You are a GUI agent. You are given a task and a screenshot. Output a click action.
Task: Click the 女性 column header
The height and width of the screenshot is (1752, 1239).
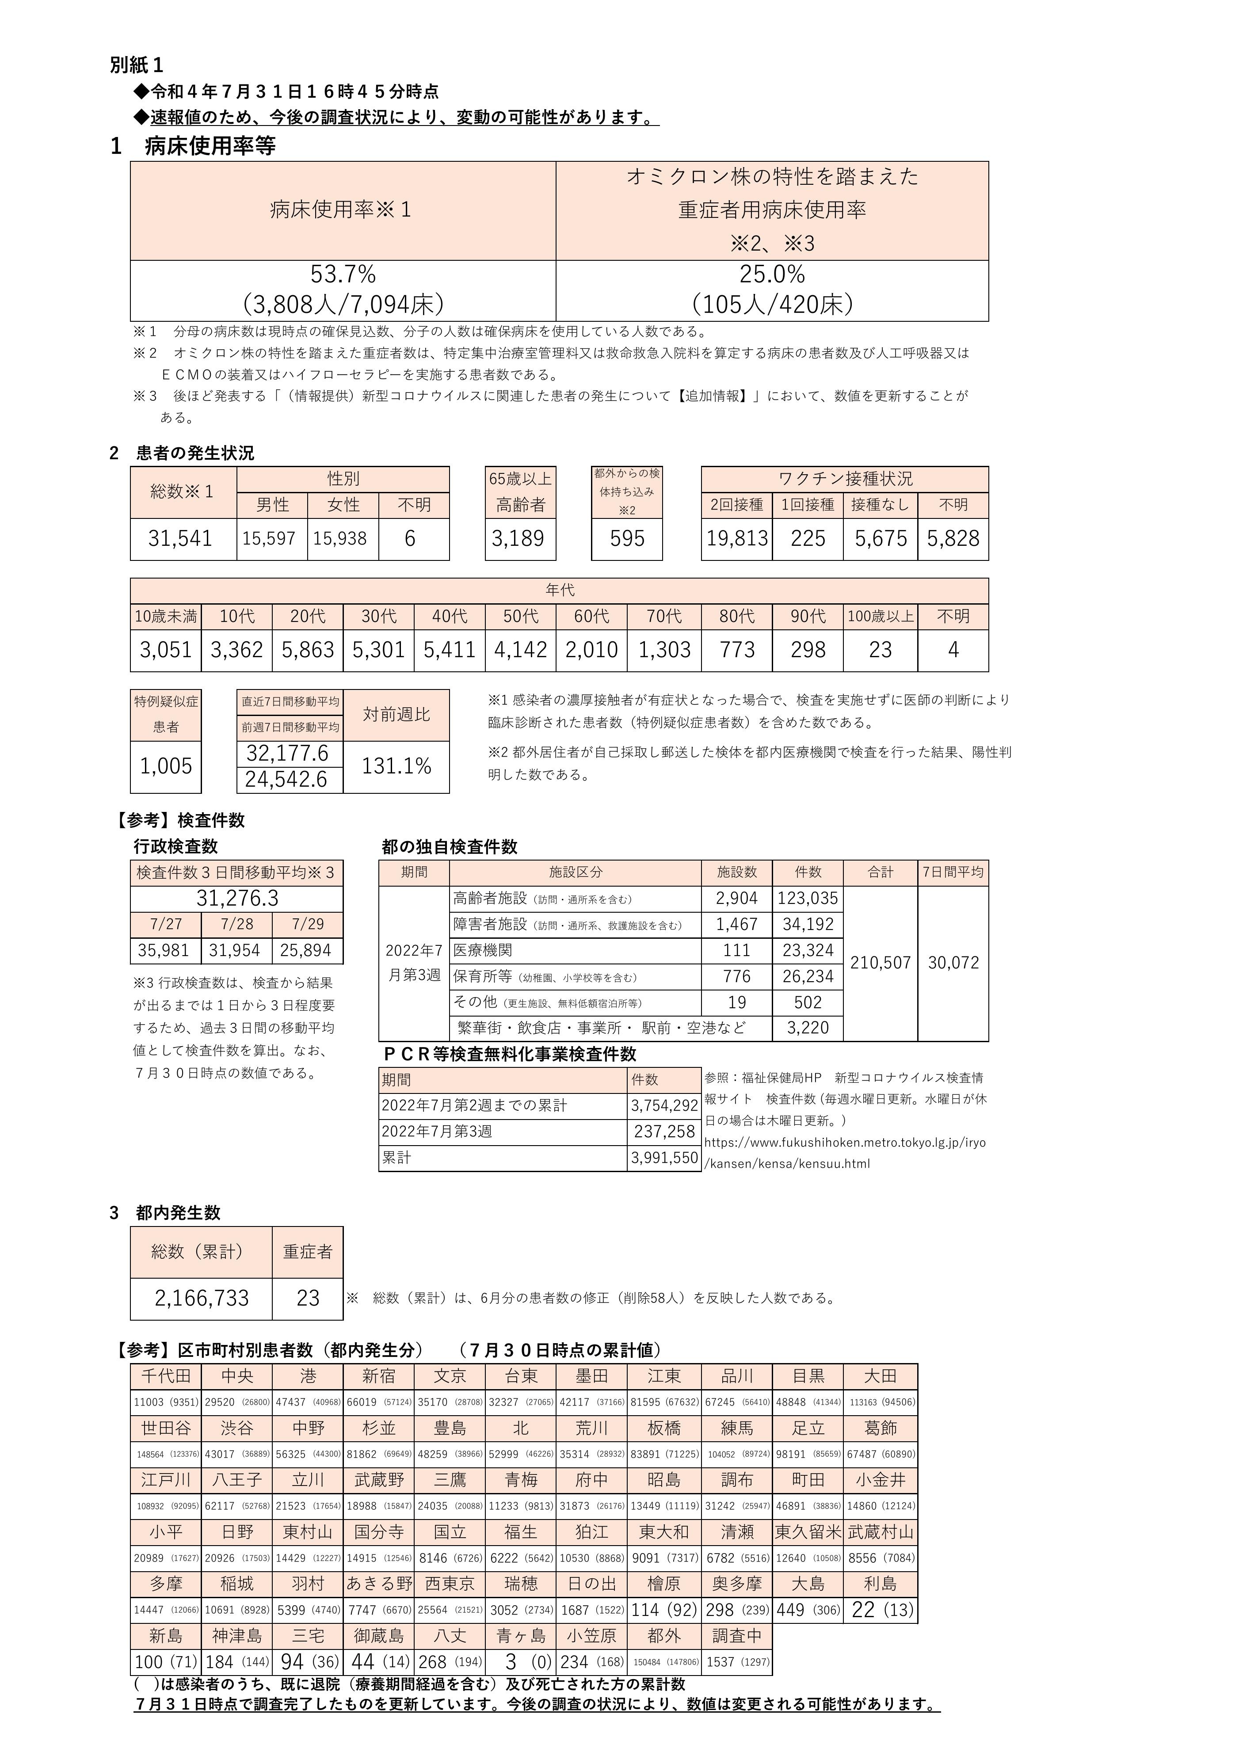tap(343, 505)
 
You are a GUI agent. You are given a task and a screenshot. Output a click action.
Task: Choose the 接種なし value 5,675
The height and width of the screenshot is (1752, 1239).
tap(881, 539)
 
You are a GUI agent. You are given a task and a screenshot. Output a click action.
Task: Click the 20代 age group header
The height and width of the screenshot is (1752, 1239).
tap(308, 617)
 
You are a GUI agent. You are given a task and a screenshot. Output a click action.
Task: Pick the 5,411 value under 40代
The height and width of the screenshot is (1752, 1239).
tap(450, 650)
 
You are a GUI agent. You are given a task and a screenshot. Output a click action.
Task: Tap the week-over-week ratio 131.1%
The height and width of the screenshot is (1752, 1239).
tap(397, 766)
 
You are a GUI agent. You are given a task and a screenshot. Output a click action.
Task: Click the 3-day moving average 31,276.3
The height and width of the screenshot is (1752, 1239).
tap(237, 898)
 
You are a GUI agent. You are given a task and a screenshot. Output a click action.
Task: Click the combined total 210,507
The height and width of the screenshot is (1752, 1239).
tap(881, 963)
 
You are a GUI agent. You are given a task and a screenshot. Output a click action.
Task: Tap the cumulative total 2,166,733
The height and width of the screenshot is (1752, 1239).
tap(202, 1298)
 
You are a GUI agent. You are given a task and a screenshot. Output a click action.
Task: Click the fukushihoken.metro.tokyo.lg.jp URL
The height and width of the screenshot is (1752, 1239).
tap(845, 1143)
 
